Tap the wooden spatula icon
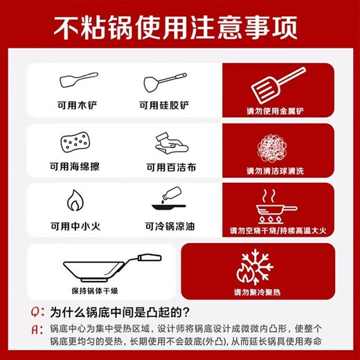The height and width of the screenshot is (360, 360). (78, 80)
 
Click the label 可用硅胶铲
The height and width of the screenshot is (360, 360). (164, 106)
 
